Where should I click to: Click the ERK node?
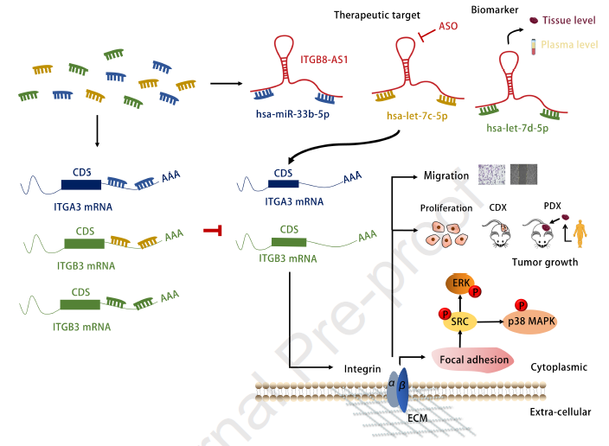click(460, 284)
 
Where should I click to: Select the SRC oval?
click(460, 322)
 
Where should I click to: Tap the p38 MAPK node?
click(531, 322)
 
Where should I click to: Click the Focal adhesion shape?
click(473, 360)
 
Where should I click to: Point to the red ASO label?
click(448, 26)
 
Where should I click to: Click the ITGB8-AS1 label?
click(324, 60)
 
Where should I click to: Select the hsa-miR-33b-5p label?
click(292, 114)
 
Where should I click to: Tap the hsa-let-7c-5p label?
click(417, 116)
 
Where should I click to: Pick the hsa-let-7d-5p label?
click(517, 128)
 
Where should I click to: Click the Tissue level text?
click(568, 20)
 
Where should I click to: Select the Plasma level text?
click(569, 45)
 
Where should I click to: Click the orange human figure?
click(580, 233)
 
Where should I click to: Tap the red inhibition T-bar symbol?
click(213, 230)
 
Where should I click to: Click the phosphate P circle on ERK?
click(475, 291)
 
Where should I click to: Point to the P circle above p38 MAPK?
click(522, 305)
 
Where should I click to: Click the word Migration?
click(446, 175)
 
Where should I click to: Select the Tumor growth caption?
click(545, 263)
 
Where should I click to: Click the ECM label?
click(418, 418)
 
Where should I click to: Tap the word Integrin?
click(362, 369)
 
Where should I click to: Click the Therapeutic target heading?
click(377, 16)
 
